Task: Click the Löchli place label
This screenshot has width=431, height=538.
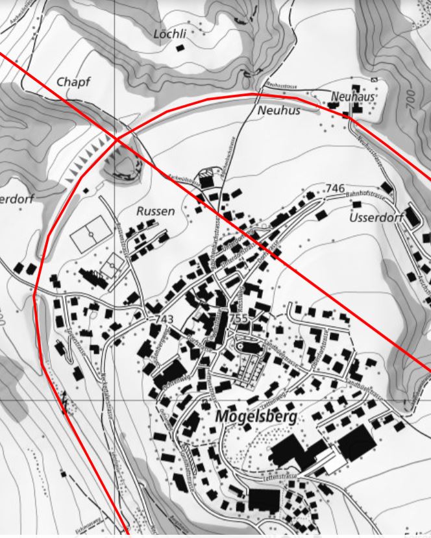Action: (x=170, y=32)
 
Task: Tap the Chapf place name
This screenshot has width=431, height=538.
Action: (x=73, y=82)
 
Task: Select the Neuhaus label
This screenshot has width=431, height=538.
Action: (x=353, y=96)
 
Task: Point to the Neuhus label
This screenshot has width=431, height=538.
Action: (x=279, y=111)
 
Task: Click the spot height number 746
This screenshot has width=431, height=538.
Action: (x=335, y=188)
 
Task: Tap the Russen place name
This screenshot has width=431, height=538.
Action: (x=156, y=211)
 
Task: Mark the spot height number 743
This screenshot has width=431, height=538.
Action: (x=165, y=319)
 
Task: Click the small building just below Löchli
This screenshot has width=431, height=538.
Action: (x=180, y=48)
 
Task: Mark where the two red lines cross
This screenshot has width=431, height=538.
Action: (x=117, y=139)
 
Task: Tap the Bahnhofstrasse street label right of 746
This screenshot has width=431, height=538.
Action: (x=366, y=194)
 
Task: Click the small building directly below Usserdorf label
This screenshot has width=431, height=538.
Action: (x=356, y=205)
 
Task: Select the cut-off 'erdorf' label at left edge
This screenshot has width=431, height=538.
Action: (x=16, y=198)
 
